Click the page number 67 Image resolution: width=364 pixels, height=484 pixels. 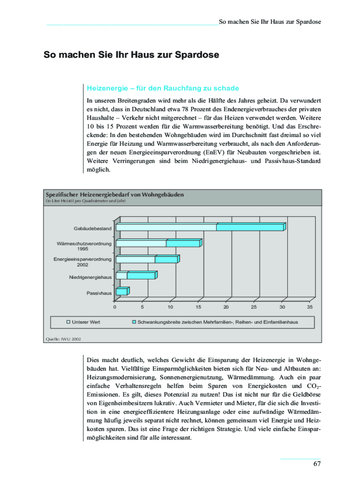[x=317, y=463]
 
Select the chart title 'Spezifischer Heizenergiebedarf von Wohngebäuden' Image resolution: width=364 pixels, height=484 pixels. [x=114, y=194]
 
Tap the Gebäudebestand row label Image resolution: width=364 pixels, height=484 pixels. [x=93, y=229]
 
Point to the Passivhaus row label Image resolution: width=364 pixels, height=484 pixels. [x=99, y=293]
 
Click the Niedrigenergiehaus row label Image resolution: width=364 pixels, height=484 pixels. [x=90, y=277]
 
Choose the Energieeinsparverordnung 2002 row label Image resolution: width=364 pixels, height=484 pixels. [x=83, y=262]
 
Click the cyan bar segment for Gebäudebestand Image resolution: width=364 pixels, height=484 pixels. [x=250, y=227]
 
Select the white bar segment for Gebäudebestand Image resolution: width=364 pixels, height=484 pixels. [x=166, y=227]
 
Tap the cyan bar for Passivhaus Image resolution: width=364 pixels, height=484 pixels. [x=121, y=292]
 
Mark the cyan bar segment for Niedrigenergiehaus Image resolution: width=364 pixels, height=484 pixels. [x=141, y=276]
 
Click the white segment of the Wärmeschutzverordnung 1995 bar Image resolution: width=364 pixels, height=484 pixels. [x=141, y=243]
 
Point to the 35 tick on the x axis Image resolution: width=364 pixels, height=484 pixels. [x=310, y=307]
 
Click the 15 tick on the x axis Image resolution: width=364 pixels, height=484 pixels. [x=198, y=307]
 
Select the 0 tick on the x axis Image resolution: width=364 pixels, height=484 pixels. [x=114, y=307]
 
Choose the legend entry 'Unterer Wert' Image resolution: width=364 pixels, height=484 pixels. [x=86, y=322]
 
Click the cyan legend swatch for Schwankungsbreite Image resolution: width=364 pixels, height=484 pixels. [x=134, y=322]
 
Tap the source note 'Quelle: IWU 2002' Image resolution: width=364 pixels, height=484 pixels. [x=63, y=339]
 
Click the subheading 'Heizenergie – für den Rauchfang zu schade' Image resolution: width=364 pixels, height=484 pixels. [x=163, y=88]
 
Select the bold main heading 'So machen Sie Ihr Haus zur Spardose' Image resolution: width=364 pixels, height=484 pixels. [x=131, y=55]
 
